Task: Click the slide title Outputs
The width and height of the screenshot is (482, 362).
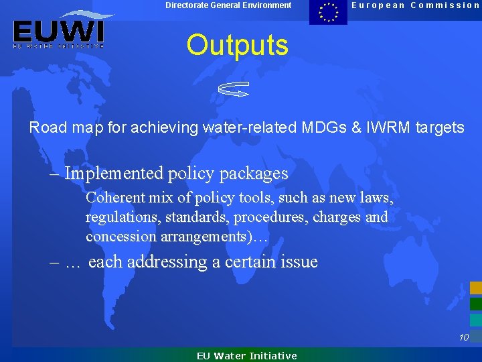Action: [x=237, y=45]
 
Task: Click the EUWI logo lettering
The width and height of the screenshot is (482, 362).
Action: [x=58, y=31]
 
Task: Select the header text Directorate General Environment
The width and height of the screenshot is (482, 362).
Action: [x=228, y=5]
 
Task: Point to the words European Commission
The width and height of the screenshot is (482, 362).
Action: [x=416, y=5]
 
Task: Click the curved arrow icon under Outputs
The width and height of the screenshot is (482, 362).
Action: [x=234, y=88]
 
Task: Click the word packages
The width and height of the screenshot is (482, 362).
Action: [x=257, y=174]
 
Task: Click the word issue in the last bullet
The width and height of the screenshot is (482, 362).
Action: [x=298, y=262]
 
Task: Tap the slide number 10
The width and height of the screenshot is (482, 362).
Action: [x=463, y=338]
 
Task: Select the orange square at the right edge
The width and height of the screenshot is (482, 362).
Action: [x=475, y=288]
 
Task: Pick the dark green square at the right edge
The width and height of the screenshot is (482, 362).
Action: [x=475, y=304]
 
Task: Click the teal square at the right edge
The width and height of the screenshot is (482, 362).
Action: [x=475, y=320]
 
